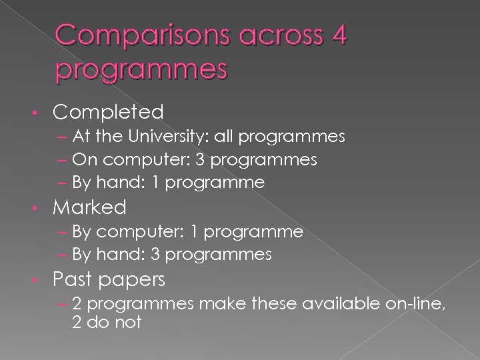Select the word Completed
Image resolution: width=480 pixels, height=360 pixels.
pos(107,111)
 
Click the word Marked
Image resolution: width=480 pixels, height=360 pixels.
pos(89,207)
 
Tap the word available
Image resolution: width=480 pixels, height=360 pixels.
pos(340,304)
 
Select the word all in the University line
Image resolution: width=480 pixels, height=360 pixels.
pos(225,137)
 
